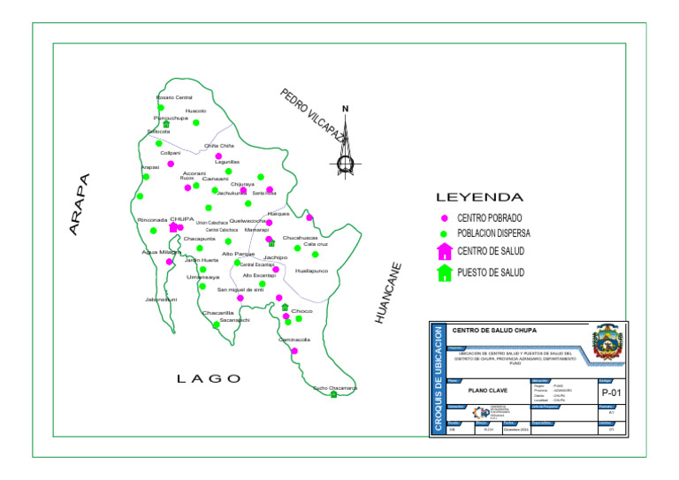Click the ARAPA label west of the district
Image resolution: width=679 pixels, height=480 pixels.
pos(80,204)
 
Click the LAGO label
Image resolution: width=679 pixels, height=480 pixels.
pos(209,378)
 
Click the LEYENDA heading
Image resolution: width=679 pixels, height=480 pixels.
pos(480,197)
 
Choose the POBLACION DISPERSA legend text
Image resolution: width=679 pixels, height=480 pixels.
pos(494,233)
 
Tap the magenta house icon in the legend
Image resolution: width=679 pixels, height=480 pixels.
pos(445,252)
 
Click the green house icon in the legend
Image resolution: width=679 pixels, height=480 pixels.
pos(445,273)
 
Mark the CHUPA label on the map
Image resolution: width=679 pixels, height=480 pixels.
pos(181,218)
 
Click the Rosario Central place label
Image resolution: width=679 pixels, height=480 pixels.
pos(174,97)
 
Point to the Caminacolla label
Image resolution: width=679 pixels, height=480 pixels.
pos(294,339)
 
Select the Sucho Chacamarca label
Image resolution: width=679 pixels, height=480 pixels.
pos(335,387)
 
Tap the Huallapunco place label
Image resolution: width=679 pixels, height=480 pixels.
pos(311,270)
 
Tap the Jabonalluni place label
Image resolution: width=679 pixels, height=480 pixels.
pos(161,300)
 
